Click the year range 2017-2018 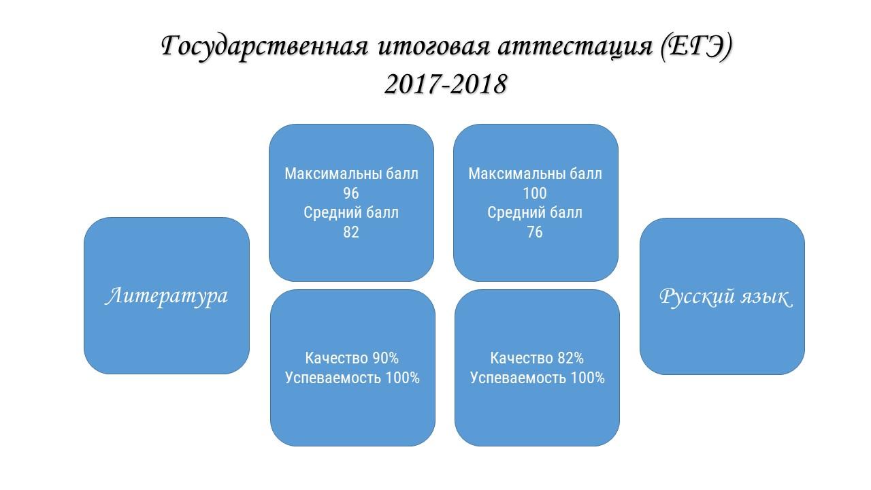click(x=446, y=84)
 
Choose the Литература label click(x=167, y=296)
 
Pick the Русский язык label click(x=725, y=297)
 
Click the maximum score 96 click(x=350, y=193)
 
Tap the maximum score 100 click(x=535, y=193)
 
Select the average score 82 click(x=350, y=232)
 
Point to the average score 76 click(x=535, y=232)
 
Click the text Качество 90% click(x=352, y=358)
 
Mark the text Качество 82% click(x=537, y=358)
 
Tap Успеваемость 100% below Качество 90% click(x=352, y=378)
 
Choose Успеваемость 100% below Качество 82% click(x=538, y=378)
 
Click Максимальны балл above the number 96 click(x=351, y=174)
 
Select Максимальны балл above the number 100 click(x=535, y=174)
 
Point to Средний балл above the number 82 click(x=350, y=213)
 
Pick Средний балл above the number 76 click(x=535, y=213)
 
